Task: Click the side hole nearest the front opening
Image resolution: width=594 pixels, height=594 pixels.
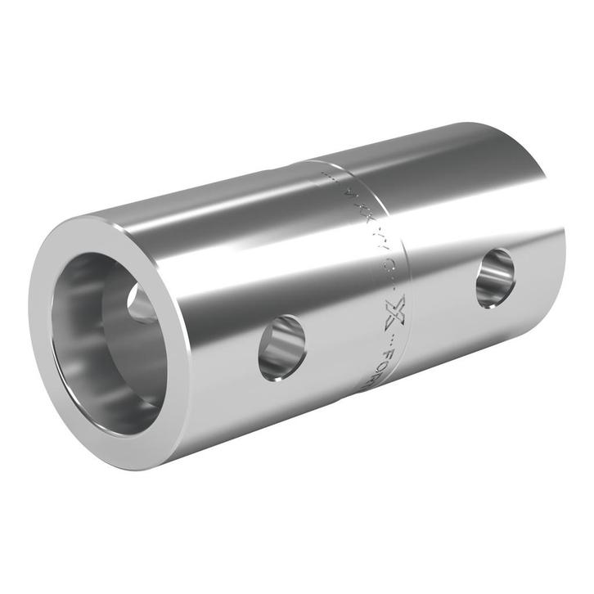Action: click(x=282, y=348)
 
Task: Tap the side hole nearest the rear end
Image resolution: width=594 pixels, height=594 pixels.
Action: click(x=496, y=278)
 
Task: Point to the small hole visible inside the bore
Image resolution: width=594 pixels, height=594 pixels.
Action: click(x=141, y=304)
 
